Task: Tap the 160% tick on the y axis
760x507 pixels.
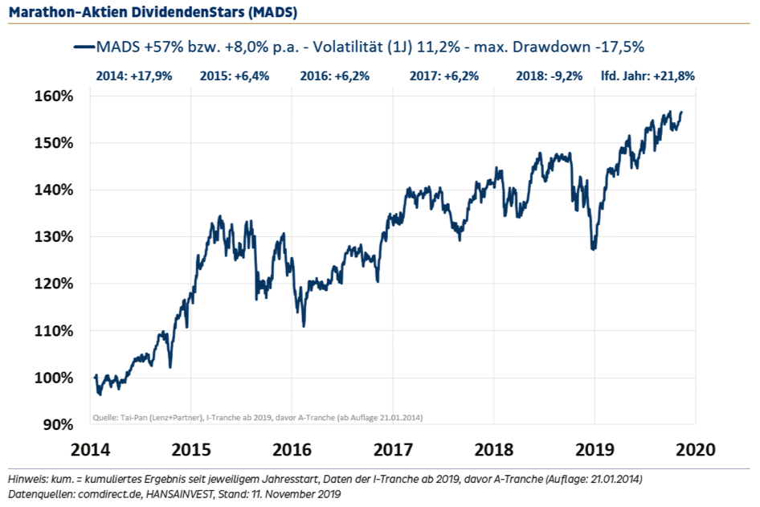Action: coord(55,96)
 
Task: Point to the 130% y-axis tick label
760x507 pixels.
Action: coord(55,237)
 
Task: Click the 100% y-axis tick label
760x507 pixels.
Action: coord(55,378)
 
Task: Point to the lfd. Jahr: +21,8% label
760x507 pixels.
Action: coord(648,77)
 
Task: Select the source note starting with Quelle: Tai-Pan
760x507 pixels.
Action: coord(256,417)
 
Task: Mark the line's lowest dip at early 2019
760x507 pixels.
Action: coord(594,249)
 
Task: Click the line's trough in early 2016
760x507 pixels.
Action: coord(304,325)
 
